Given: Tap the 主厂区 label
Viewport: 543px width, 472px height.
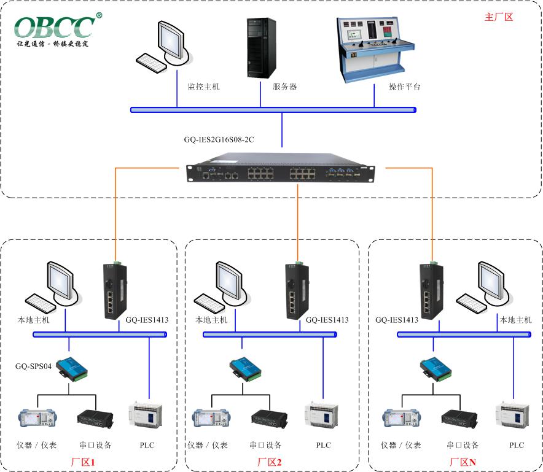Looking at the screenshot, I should point(498,17).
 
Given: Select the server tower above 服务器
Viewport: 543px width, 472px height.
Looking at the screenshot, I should point(260,48).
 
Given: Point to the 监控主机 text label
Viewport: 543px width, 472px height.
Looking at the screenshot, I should point(203,87).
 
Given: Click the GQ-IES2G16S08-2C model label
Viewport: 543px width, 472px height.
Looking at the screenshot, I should point(219,139).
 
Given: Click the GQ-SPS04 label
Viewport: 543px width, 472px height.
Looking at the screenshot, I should point(33,366).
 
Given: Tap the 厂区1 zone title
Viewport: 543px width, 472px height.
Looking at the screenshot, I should point(83,462).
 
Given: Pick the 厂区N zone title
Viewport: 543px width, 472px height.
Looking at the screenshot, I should point(463,462).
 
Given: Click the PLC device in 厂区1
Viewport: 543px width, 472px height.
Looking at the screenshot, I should point(146,415).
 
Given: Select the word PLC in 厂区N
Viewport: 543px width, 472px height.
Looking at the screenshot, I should point(517,445).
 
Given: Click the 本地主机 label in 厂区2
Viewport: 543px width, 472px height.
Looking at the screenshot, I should point(211,320).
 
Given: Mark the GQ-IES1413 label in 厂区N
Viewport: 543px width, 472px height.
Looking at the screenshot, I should point(397,320).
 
